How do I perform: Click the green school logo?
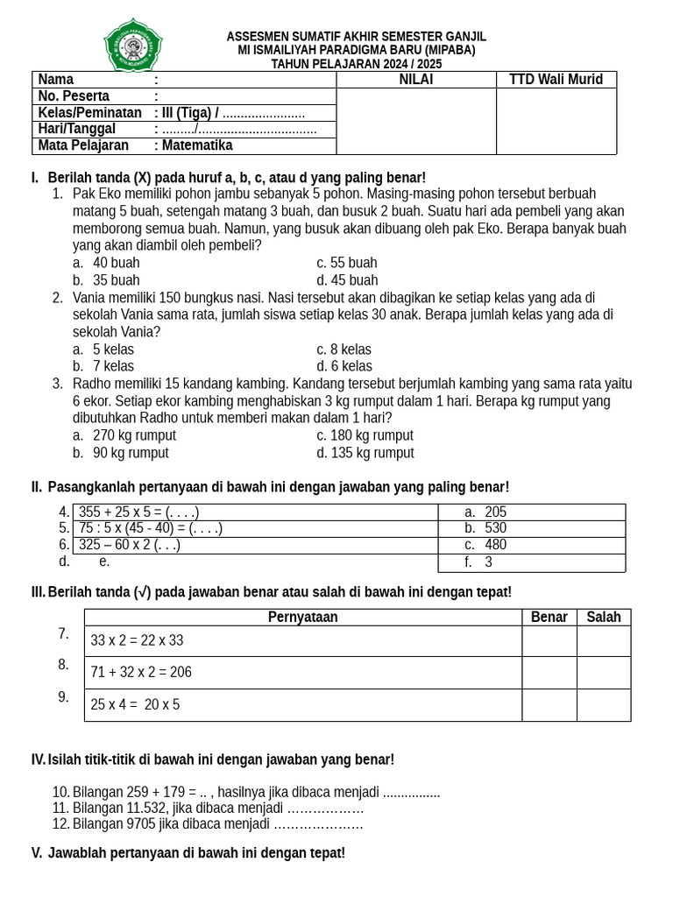tap(133, 45)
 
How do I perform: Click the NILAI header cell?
tap(415, 80)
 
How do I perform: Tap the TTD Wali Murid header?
tap(556, 80)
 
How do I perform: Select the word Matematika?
tap(197, 145)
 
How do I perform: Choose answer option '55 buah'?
tap(347, 263)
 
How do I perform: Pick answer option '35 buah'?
tap(116, 280)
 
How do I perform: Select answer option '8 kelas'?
tap(344, 350)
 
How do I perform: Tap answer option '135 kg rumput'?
tap(365, 453)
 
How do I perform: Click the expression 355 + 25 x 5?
tap(138, 512)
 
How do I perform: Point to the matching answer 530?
tap(495, 528)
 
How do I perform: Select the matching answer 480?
tap(495, 545)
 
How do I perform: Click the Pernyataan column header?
tap(302, 618)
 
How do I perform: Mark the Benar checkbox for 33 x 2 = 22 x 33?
tap(549, 641)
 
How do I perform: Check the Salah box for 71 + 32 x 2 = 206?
tap(603, 673)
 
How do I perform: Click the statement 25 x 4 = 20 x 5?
tap(135, 704)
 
